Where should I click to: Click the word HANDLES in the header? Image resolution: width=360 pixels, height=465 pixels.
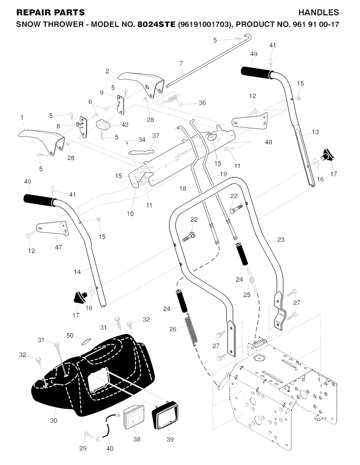click(x=319, y=13)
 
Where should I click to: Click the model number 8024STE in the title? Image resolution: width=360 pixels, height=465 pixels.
click(x=156, y=25)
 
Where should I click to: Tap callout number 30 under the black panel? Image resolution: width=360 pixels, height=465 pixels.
click(x=53, y=420)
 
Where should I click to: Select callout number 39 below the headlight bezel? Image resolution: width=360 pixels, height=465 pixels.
click(x=170, y=439)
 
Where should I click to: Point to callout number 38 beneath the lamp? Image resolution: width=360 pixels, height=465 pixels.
click(x=137, y=439)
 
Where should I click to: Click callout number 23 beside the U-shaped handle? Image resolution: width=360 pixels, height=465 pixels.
click(x=281, y=240)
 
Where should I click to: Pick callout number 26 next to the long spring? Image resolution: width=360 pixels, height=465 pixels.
click(x=173, y=329)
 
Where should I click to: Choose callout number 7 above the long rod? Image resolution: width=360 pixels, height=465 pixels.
click(x=181, y=64)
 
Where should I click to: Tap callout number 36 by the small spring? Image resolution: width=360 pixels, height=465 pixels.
click(x=202, y=103)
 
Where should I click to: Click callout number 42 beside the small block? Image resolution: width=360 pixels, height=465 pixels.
click(x=125, y=124)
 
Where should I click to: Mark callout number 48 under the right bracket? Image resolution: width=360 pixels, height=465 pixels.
click(x=268, y=142)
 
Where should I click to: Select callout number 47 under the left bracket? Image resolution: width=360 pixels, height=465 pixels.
click(x=58, y=247)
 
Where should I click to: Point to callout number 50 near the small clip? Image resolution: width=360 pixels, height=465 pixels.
click(x=70, y=336)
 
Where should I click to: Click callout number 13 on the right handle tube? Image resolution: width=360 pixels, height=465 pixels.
click(x=315, y=132)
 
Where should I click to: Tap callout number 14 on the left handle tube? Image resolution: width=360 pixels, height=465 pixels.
click(x=77, y=271)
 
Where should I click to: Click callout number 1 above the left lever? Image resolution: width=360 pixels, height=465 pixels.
click(x=22, y=117)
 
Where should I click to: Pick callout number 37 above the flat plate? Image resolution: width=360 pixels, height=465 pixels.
click(x=156, y=136)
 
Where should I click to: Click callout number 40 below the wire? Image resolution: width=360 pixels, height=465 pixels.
click(x=110, y=448)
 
